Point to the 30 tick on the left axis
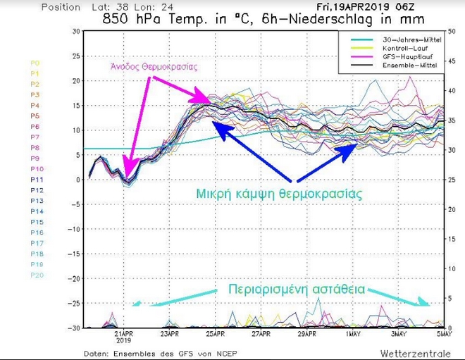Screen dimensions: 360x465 coord(75,32)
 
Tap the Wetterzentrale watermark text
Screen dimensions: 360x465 coord(412,351)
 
